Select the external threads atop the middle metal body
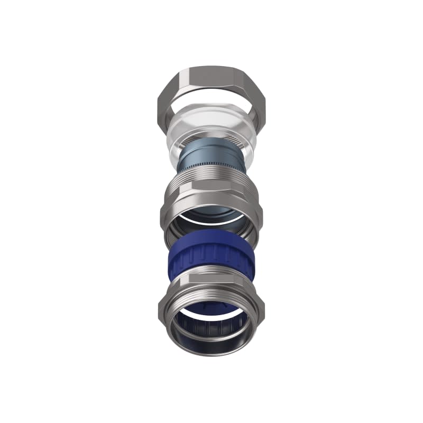pyautogui.click(x=212, y=177)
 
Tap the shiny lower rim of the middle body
pyautogui.click(x=212, y=235)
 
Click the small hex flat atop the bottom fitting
pyautogui.click(x=212, y=279)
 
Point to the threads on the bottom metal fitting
pyautogui.click(x=212, y=292)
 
